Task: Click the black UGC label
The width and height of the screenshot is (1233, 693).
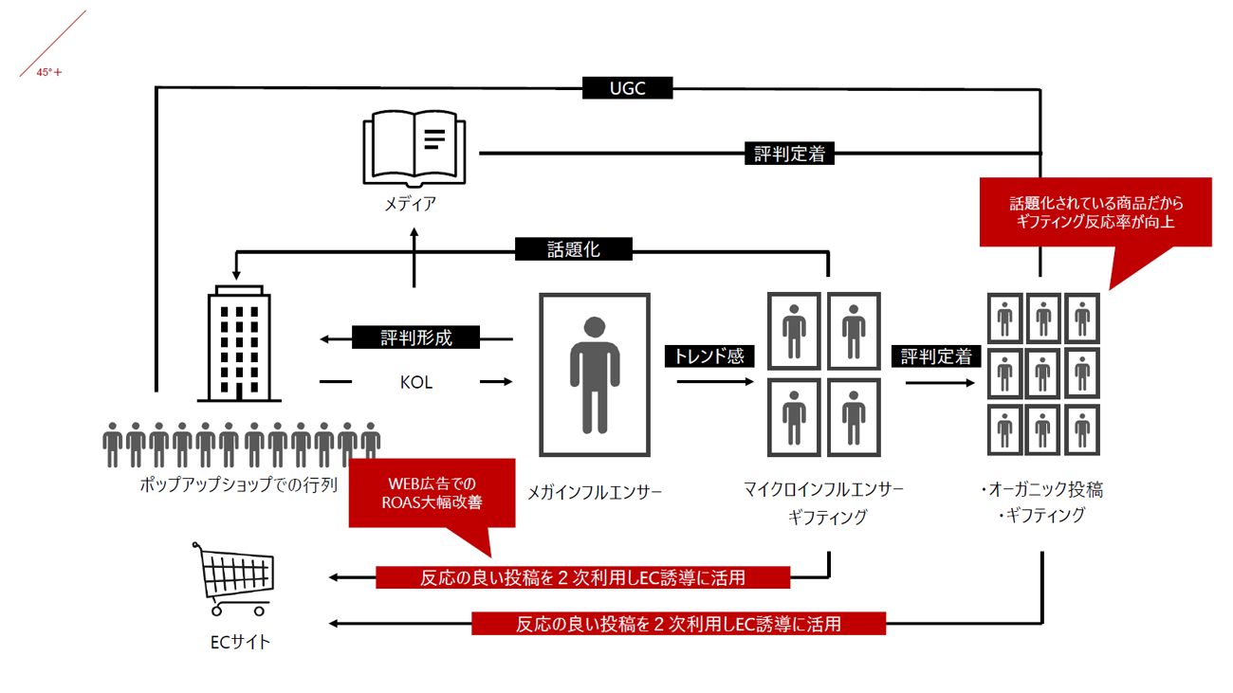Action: (x=627, y=88)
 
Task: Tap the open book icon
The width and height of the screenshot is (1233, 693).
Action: (x=414, y=150)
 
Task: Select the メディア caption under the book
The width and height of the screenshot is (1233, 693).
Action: (x=411, y=203)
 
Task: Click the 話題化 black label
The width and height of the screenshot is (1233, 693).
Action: (x=574, y=249)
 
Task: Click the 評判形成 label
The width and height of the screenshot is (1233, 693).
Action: (x=416, y=337)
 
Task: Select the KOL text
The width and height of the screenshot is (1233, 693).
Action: (x=416, y=382)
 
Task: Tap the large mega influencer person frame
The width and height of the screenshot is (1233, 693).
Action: (x=595, y=374)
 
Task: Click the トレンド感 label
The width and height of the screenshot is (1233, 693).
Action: (x=709, y=356)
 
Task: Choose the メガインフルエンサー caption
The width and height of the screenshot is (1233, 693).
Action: (x=595, y=492)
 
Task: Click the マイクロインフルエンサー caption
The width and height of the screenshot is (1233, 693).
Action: (x=824, y=489)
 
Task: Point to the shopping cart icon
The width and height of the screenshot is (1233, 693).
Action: (x=234, y=578)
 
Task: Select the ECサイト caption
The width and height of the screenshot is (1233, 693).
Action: (x=240, y=642)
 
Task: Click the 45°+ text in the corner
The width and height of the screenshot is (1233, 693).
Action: (x=49, y=72)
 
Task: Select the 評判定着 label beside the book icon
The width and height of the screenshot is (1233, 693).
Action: (x=790, y=154)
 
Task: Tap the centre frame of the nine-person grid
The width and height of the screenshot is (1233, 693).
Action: (x=1043, y=373)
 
